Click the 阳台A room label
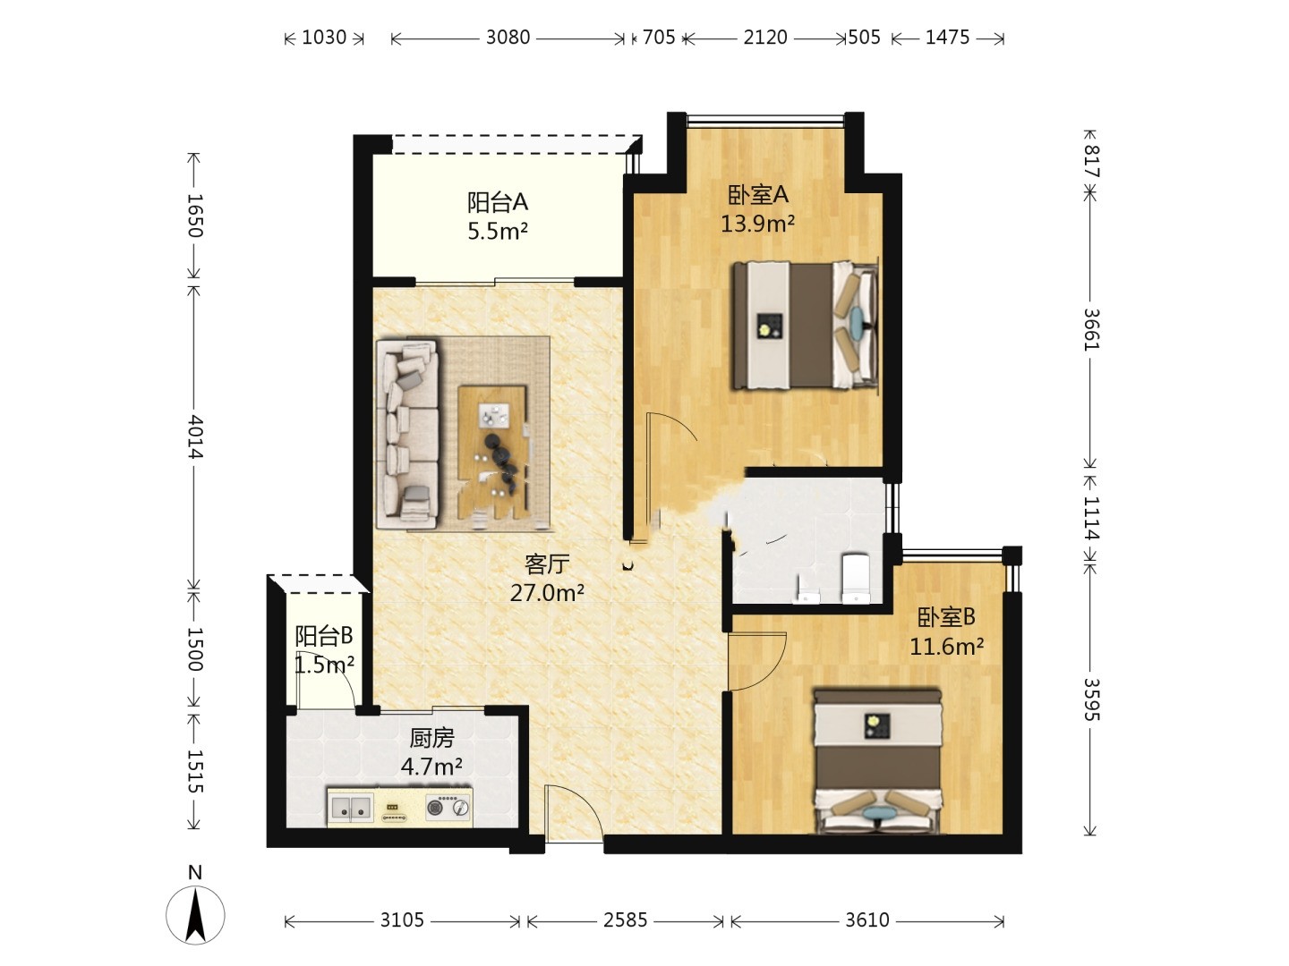[x=498, y=202]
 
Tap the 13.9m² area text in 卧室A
[x=757, y=224]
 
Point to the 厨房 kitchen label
[x=431, y=738]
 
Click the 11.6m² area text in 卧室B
[x=947, y=647]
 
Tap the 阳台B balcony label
[x=324, y=635]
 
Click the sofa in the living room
[x=407, y=433]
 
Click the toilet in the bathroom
[x=856, y=578]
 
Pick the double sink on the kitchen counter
[x=350, y=809]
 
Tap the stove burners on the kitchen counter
[x=448, y=807]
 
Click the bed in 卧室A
[x=805, y=325]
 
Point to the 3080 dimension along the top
[x=508, y=38]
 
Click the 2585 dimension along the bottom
[x=625, y=920]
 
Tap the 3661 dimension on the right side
[x=1091, y=330]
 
